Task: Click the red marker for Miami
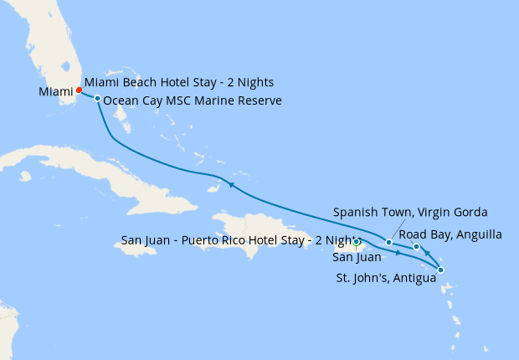(x=79, y=90)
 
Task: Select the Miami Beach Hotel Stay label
(x=179, y=83)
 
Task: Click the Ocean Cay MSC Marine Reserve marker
(x=98, y=99)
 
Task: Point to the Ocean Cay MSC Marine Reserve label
(x=193, y=100)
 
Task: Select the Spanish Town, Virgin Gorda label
(x=410, y=211)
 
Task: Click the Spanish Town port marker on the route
(x=389, y=243)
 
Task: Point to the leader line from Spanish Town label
(x=398, y=229)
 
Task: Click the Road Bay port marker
(x=416, y=246)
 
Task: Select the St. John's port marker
(x=440, y=270)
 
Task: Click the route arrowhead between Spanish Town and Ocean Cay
(x=230, y=184)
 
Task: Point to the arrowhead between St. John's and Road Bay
(x=427, y=253)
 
